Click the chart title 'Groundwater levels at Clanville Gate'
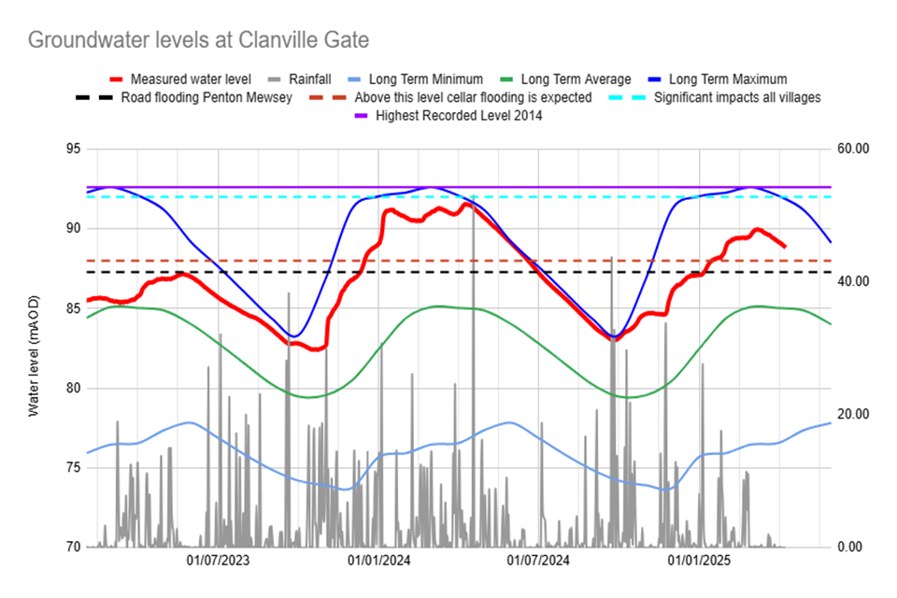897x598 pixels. coord(198,41)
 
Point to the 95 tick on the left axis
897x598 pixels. coord(71,149)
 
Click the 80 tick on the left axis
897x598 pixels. coord(71,388)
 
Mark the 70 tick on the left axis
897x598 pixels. coord(71,547)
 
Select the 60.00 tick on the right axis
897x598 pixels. coord(853,149)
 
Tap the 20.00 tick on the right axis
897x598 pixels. coord(853,414)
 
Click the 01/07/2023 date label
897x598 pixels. coord(218,562)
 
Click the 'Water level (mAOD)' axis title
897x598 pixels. coord(35,349)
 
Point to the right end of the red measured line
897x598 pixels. coord(784,246)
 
